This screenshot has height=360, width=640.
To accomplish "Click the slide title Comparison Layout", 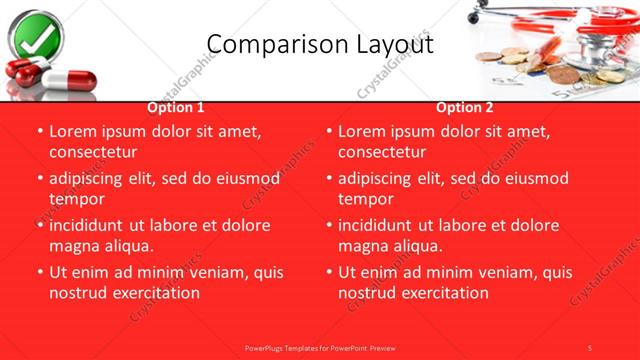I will point(320,44).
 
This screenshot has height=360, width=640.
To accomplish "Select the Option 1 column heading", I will point(176,107).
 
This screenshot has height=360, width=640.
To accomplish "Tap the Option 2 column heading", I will point(465,107).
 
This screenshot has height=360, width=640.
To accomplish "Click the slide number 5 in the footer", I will point(590,347).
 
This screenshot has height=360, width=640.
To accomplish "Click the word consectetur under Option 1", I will point(92,152).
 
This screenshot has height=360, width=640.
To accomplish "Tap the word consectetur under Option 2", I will point(381,152).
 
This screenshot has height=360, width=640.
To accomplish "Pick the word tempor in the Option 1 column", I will point(76,199).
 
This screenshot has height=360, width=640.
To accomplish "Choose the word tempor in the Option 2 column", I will point(365,199).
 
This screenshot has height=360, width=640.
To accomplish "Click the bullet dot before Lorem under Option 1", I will point(39,132).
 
